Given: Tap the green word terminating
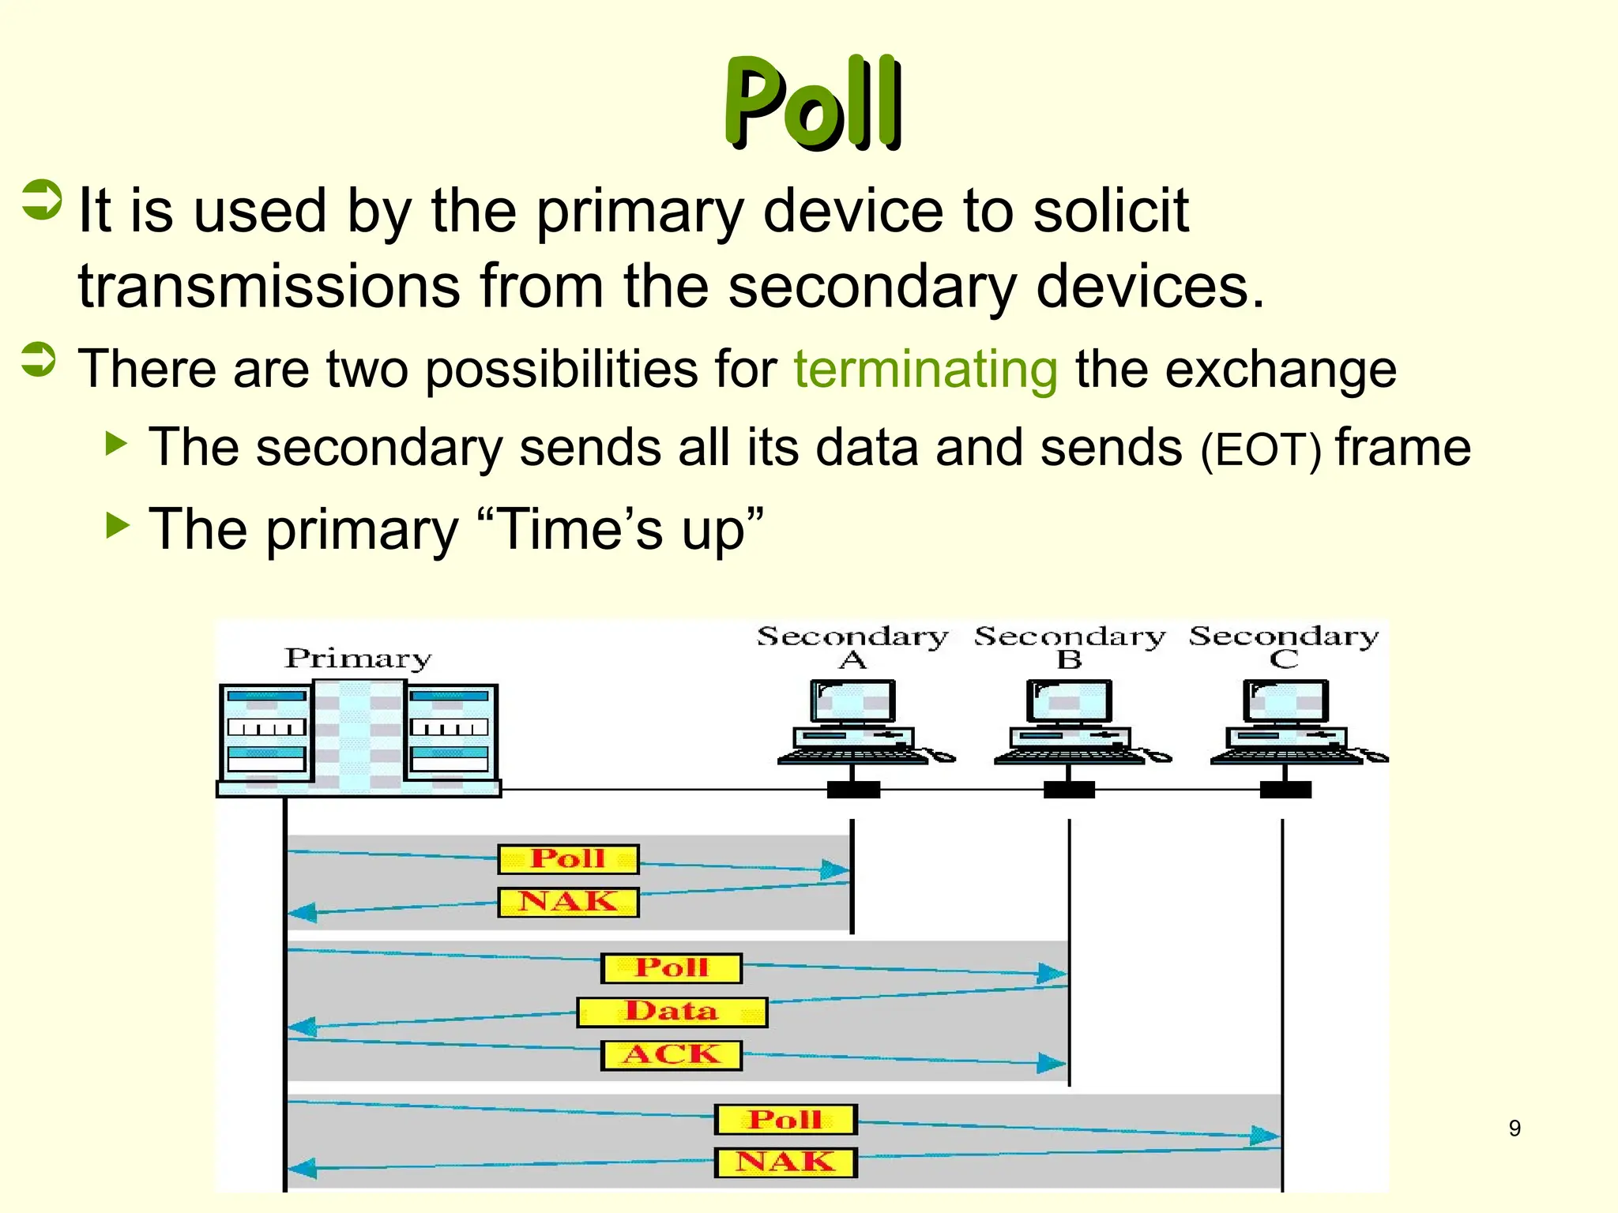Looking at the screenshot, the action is (x=925, y=370).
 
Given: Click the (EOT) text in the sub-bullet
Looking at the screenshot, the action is (x=1261, y=451).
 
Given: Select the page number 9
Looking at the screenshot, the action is (x=1514, y=1128).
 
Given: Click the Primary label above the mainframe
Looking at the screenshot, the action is (x=358, y=658).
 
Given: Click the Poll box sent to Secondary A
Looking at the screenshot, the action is (x=568, y=858).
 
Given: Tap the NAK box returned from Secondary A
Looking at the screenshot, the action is (x=568, y=902).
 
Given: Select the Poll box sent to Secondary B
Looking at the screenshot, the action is (x=672, y=967).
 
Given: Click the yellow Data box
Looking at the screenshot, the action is (x=672, y=1012).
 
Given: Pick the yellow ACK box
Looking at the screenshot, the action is (x=672, y=1055).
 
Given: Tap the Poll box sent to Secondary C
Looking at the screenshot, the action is (x=785, y=1119).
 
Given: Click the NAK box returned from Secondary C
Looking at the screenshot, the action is (x=785, y=1162).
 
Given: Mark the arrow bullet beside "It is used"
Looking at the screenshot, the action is (x=41, y=200).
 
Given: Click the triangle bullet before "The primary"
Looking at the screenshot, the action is (x=117, y=525).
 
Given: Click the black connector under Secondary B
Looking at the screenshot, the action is (x=1069, y=790).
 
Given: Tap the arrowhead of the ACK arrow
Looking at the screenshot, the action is (x=1052, y=1063).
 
